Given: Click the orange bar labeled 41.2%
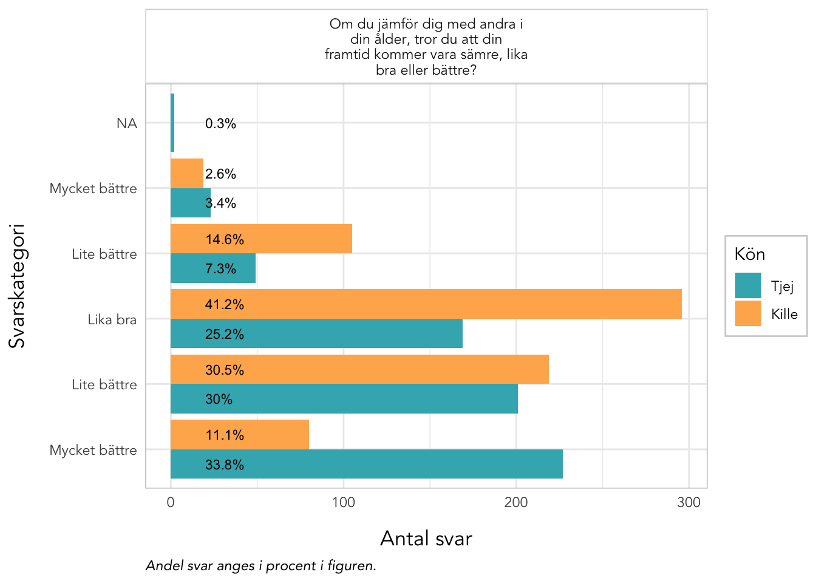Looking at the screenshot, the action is pyautogui.click(x=426, y=304).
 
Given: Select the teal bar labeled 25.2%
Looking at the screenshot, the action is pyautogui.click(x=316, y=333).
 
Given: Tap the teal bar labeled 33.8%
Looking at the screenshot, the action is pyautogui.click(x=367, y=464).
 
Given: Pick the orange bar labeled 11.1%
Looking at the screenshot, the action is pyautogui.click(x=240, y=435).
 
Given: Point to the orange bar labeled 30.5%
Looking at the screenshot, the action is pyautogui.click(x=359, y=369).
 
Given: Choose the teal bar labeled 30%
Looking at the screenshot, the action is pyautogui.click(x=344, y=398).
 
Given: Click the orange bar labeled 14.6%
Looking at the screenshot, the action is pyautogui.click(x=261, y=239).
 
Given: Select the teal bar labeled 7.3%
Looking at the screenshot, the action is pyautogui.click(x=212, y=268).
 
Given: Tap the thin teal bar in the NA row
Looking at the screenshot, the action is pyautogui.click(x=172, y=123).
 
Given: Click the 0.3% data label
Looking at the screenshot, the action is pyautogui.click(x=220, y=123).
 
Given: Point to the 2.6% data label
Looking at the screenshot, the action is pyautogui.click(x=220, y=174).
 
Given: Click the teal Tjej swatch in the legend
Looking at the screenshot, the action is pyautogui.click(x=748, y=285).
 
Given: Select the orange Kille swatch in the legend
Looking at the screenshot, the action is pyautogui.click(x=748, y=313).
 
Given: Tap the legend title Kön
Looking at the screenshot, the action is pyautogui.click(x=749, y=254).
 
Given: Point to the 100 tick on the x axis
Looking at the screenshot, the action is pyautogui.click(x=343, y=502).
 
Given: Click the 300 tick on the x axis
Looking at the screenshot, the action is pyautogui.click(x=688, y=502).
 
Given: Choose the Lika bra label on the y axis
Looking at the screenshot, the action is pyautogui.click(x=112, y=319).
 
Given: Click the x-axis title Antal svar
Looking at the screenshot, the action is pyautogui.click(x=426, y=539).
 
